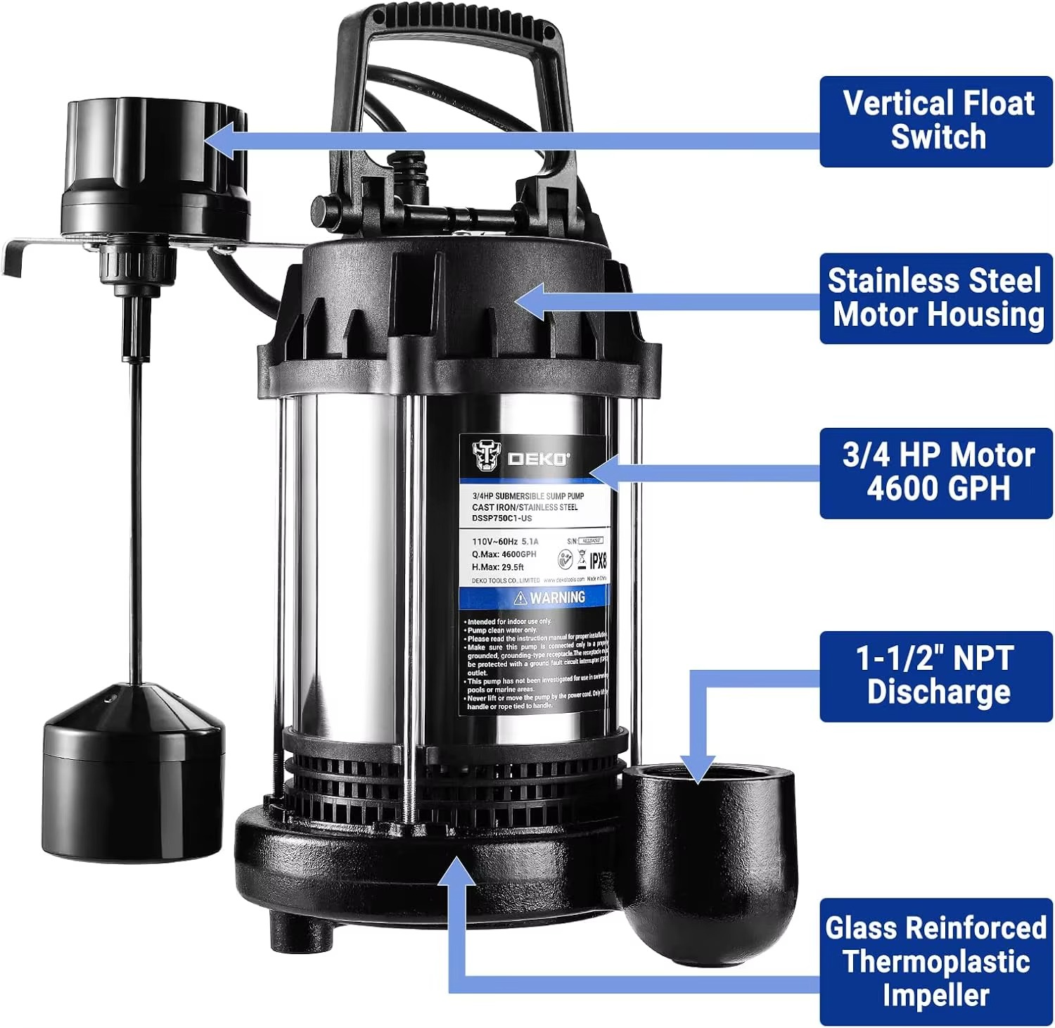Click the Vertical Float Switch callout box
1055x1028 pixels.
click(935, 121)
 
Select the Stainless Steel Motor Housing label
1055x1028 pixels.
click(935, 298)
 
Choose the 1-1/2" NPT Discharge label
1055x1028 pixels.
click(935, 676)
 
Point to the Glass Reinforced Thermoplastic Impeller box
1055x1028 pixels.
click(935, 961)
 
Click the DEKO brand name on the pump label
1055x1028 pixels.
click(538, 459)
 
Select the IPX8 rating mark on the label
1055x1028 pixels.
click(597, 561)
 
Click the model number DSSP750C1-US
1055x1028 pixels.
click(501, 519)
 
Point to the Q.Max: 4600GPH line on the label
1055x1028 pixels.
click(504, 554)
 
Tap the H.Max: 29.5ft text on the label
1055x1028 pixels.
click(497, 567)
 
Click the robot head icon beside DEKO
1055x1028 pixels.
click(485, 455)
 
